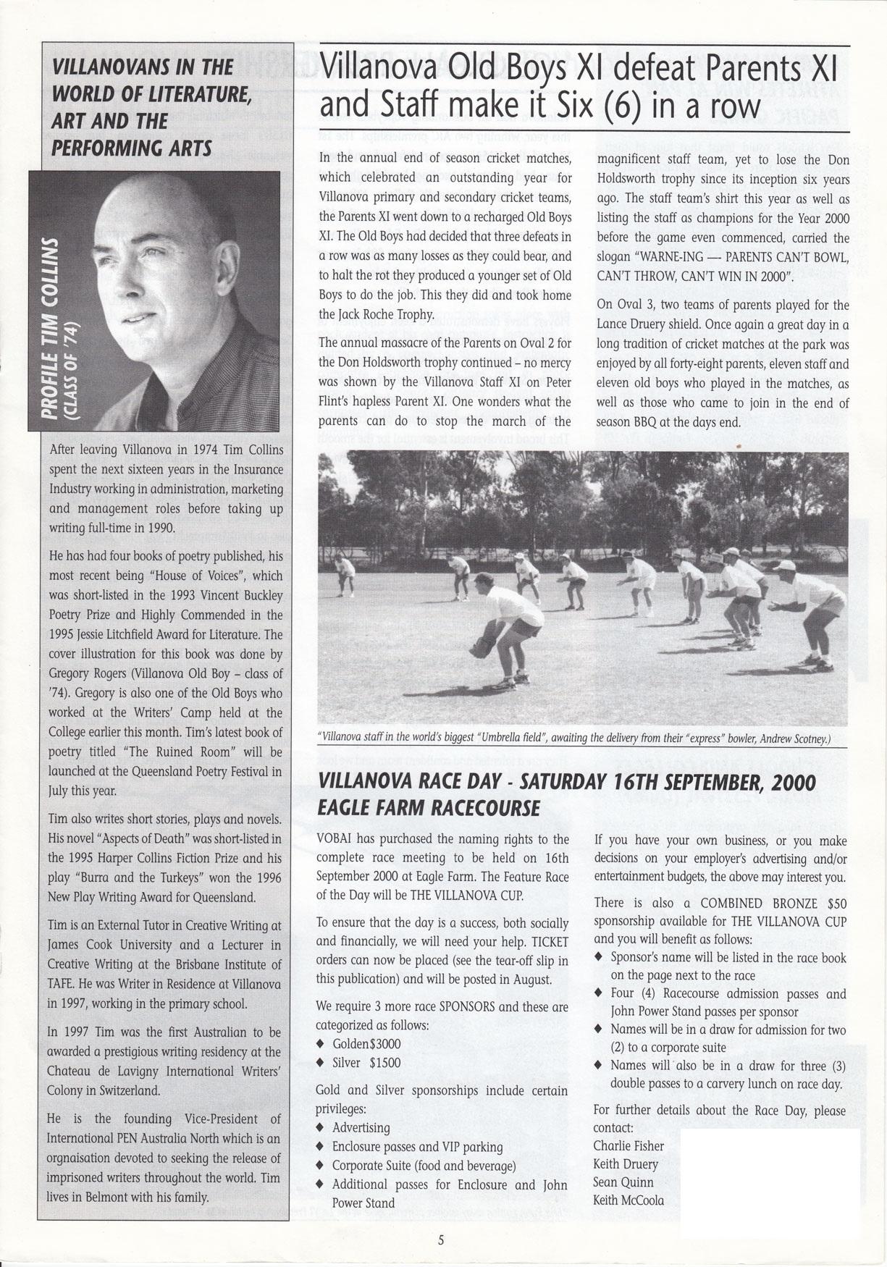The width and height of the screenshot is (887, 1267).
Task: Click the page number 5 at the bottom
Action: click(x=440, y=1239)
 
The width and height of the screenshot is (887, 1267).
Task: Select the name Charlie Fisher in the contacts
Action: click(x=629, y=1145)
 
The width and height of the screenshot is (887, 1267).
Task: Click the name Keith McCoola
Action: click(x=629, y=1200)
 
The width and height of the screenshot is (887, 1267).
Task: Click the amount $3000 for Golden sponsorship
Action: click(x=384, y=1044)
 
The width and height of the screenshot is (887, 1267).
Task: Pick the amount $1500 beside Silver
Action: click(x=384, y=1062)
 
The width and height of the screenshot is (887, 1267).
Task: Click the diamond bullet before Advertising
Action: click(x=320, y=1128)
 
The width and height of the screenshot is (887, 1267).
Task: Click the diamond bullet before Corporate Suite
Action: click(x=320, y=1166)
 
